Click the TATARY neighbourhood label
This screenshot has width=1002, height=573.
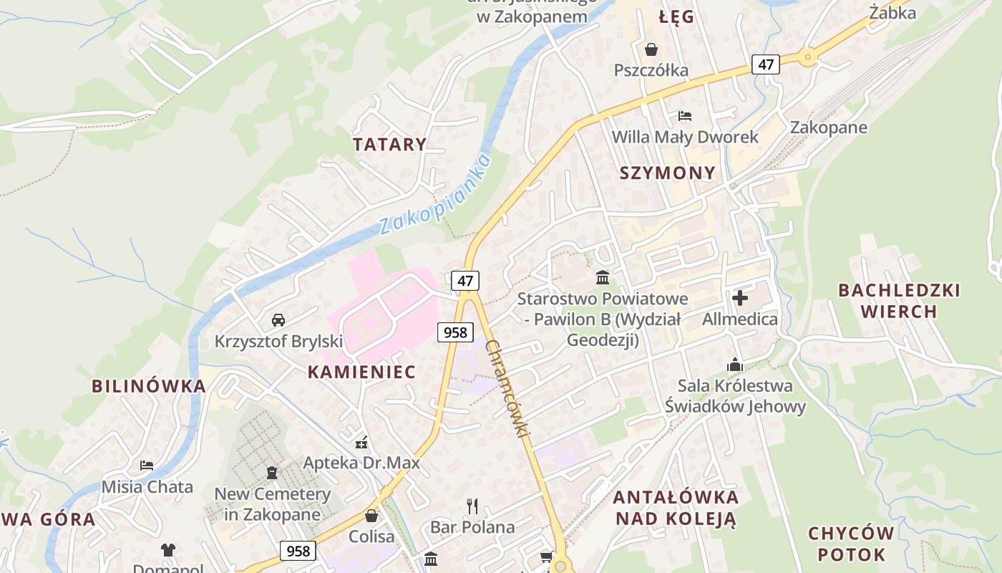click(389, 144)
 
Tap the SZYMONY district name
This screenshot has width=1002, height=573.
click(667, 173)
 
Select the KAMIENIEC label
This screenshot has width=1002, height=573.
click(361, 372)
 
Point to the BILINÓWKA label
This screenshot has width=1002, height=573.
click(149, 386)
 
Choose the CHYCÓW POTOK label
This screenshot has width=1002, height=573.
click(851, 544)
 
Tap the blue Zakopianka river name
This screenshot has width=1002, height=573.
click(436, 194)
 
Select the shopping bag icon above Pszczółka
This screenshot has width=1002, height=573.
click(651, 49)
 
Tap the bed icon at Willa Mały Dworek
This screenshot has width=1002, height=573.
click(685, 116)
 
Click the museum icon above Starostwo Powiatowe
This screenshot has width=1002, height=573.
click(603, 277)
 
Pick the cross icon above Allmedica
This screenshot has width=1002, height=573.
click(740, 297)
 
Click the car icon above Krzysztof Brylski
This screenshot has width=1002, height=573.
click(278, 320)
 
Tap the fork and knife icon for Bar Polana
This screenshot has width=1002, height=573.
click(472, 506)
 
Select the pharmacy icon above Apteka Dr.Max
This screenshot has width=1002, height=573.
click(361, 442)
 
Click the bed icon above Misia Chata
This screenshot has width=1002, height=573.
click(147, 466)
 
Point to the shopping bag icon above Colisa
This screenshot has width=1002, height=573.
click(371, 515)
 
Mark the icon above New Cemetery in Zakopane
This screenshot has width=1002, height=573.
click(272, 473)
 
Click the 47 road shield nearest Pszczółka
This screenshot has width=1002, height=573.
click(766, 64)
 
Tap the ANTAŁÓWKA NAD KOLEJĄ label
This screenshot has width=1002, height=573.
click(676, 508)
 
